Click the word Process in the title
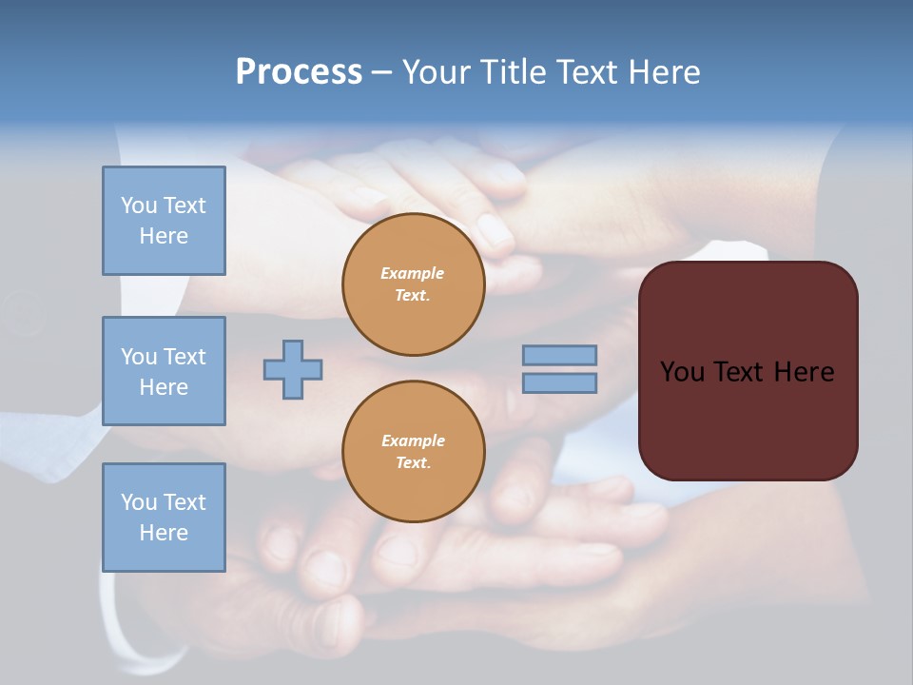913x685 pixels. point(299,72)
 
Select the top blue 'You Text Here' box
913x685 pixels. point(164,221)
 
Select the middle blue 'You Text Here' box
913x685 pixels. point(164,371)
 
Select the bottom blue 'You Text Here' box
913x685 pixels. point(164,518)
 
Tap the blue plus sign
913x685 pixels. point(293,369)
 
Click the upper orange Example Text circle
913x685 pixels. point(414,284)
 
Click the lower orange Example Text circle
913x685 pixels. point(414,451)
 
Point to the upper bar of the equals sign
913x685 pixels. point(559,355)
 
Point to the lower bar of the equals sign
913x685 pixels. point(559,382)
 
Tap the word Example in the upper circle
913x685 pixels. point(413,273)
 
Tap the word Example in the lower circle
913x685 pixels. point(413,440)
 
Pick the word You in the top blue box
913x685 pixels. point(138,205)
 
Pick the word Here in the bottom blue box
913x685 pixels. point(164,533)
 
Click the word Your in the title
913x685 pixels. point(437,72)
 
